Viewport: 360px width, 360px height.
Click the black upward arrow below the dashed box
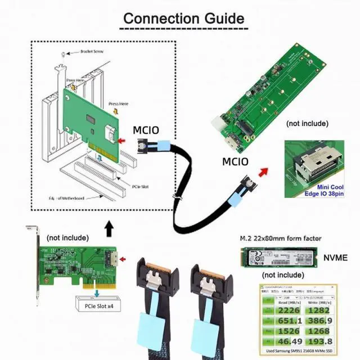pyautogui.click(x=109, y=228)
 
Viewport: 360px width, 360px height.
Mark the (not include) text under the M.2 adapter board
pyautogui.click(x=307, y=123)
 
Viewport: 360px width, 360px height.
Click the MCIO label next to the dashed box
pyautogui.click(x=146, y=130)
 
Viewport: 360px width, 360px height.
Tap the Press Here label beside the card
pyautogui.click(x=118, y=104)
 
